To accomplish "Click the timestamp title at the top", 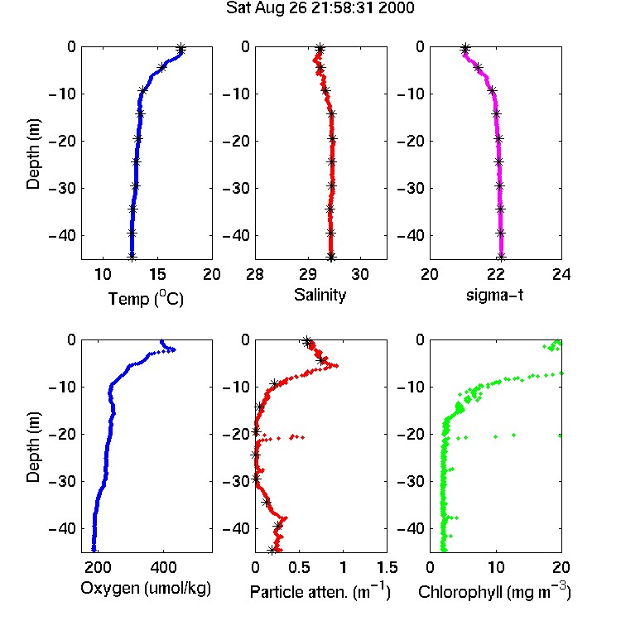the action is [320, 8].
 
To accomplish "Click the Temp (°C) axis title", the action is [146, 298].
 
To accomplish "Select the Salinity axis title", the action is [320, 295].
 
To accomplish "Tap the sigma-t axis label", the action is [494, 295].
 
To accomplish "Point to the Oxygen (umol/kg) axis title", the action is [146, 588].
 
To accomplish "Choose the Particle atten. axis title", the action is [320, 591].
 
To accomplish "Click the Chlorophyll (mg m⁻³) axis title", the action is [494, 591].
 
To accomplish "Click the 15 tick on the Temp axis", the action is [157, 274].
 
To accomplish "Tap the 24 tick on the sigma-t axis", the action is [561, 274].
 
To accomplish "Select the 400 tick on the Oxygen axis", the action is [163, 567].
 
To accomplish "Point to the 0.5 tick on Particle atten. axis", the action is [299, 567].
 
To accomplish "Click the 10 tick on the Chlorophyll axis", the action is [496, 567].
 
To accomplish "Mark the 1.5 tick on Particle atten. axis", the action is [387, 567].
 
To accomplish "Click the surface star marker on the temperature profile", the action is [181, 49].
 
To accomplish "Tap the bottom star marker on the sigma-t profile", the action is [501, 257].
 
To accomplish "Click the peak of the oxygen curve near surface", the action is [174, 349].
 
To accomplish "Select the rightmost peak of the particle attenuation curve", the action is [336, 365].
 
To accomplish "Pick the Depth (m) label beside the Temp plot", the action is [33, 154].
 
